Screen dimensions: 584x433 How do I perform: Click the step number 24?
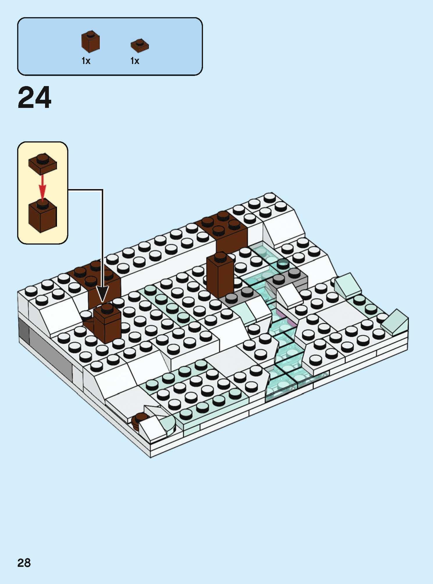pyautogui.click(x=35, y=98)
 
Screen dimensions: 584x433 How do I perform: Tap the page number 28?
pyautogui.click(x=24, y=563)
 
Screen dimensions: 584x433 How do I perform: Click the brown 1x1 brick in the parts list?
pyautogui.click(x=90, y=41)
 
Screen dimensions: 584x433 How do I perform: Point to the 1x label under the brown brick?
pyautogui.click(x=86, y=61)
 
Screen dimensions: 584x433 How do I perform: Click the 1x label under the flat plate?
pyautogui.click(x=135, y=61)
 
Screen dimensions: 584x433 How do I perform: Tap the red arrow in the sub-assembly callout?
pyautogui.click(x=43, y=186)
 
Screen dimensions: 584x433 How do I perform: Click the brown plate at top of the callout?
pyautogui.click(x=42, y=163)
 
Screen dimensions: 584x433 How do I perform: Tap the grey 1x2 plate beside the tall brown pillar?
pyautogui.click(x=237, y=295)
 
